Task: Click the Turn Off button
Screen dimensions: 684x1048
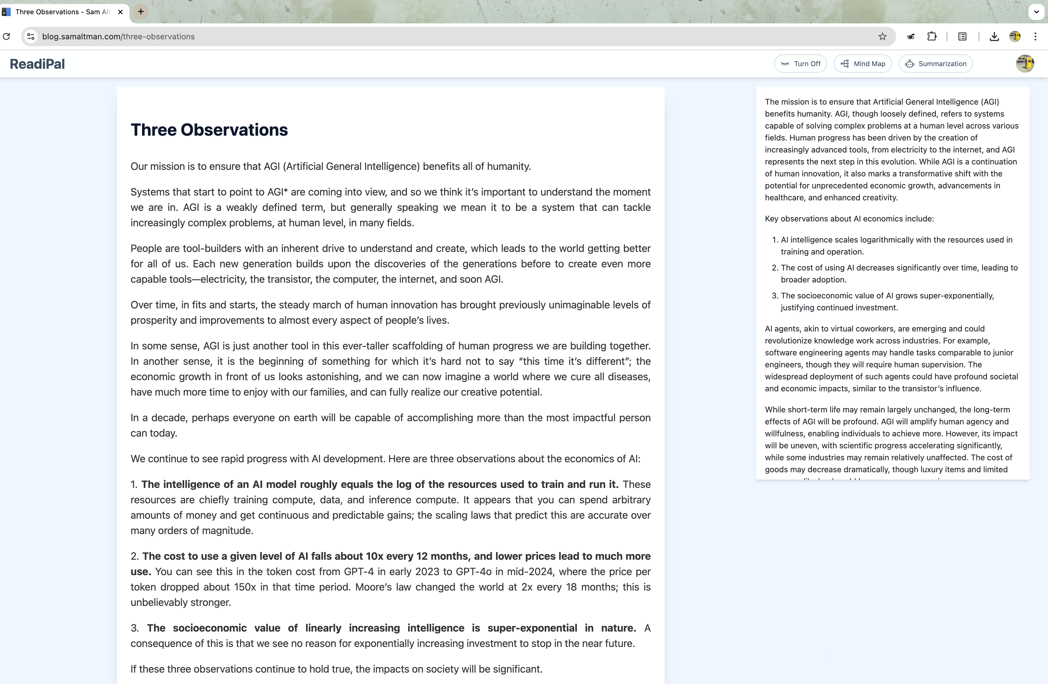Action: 800,64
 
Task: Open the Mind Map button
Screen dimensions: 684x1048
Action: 862,64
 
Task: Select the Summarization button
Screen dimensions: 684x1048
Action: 935,64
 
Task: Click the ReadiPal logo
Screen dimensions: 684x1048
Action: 37,64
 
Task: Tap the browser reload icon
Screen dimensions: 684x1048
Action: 7,36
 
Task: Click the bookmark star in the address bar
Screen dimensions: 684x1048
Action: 882,36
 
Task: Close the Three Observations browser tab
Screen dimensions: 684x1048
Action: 120,12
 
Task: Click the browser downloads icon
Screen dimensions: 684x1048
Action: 994,36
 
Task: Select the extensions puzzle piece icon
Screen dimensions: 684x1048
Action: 932,36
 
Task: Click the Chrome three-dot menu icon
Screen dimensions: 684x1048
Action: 1035,36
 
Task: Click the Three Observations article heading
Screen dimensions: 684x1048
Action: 209,130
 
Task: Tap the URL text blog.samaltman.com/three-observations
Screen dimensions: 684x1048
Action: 118,36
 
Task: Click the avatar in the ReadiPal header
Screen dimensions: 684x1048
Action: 1025,64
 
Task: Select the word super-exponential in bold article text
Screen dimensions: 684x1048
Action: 532,628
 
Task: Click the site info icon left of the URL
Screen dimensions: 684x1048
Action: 31,36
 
